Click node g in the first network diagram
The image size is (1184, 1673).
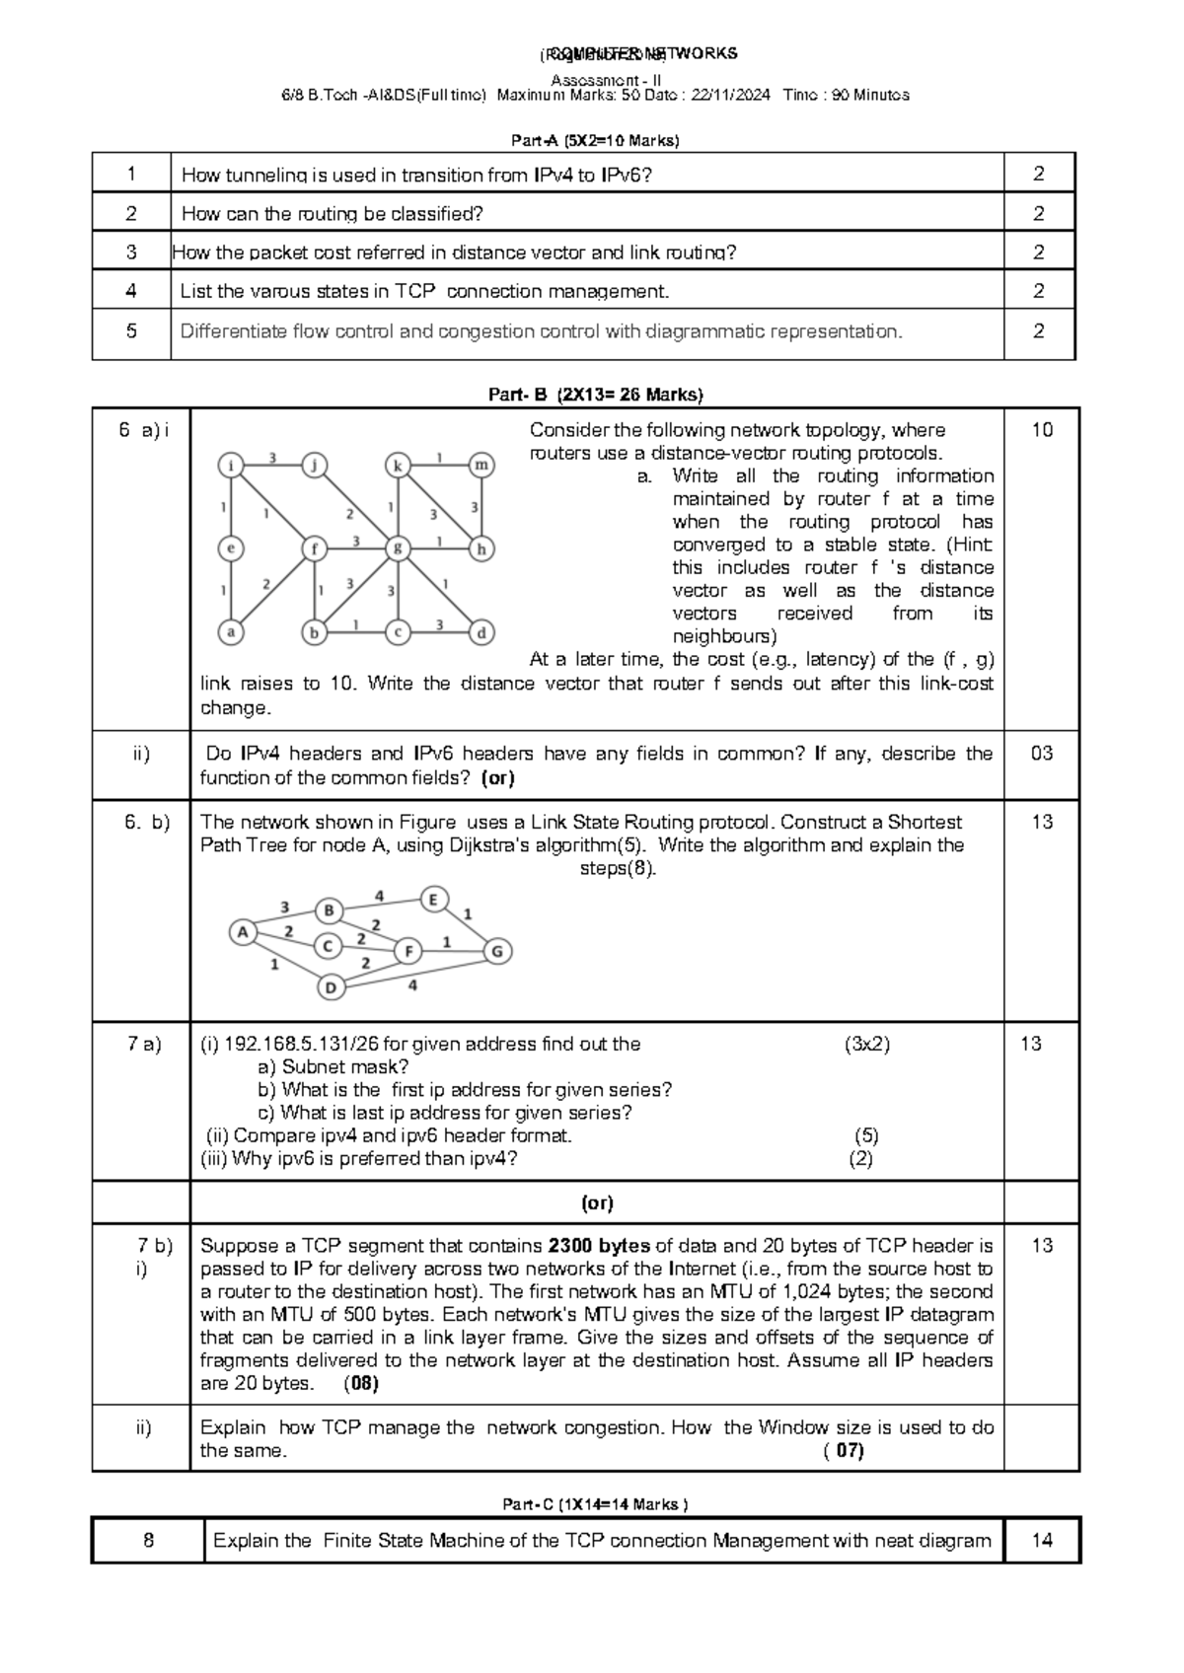coord(398,548)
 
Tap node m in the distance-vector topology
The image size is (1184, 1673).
coord(481,465)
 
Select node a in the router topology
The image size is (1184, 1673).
coord(231,632)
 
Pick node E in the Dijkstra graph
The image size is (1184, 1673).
coord(433,899)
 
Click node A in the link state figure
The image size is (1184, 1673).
coord(243,931)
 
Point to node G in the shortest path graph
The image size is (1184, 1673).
coord(497,951)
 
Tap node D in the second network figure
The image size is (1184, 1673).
coord(332,986)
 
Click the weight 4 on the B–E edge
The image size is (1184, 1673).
coord(380,896)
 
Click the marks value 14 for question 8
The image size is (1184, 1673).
coord(1042,1540)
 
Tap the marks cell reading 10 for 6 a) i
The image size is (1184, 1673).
coord(1042,429)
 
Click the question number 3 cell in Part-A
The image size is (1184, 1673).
coord(131,252)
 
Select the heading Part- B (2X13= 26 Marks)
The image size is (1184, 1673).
coord(596,395)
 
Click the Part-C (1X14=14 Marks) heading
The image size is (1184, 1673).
coord(595,1504)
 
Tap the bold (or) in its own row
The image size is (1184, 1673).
coord(598,1202)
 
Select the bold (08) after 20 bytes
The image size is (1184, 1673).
coord(361,1383)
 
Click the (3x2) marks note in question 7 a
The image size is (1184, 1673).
coord(866,1044)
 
